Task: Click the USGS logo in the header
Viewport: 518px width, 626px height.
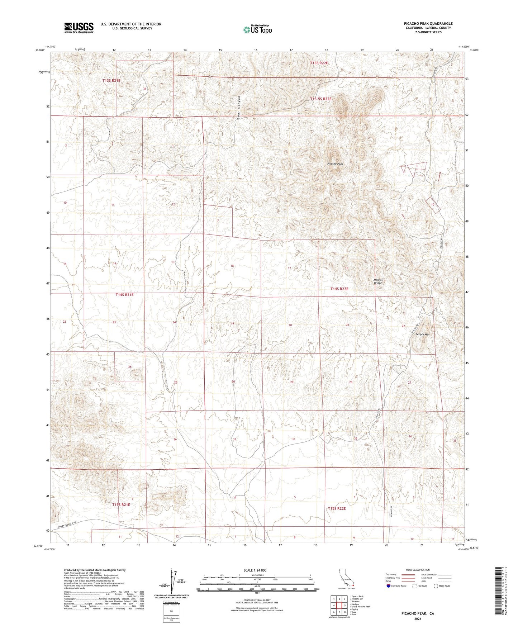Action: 79,28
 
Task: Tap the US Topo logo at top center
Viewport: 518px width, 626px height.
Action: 257,29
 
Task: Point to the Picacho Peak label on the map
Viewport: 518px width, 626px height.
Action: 335,163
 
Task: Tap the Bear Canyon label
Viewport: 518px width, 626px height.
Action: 238,105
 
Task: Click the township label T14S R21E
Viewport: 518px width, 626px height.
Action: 124,294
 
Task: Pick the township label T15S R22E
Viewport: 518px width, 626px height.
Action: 337,508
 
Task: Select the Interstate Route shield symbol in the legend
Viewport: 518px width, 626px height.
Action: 388,585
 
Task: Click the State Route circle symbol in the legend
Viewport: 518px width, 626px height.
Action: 436,586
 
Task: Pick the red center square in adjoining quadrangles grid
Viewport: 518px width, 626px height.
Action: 339,606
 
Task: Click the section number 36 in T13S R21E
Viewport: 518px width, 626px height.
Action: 144,89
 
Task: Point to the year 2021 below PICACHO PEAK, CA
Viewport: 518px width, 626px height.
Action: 417,619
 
